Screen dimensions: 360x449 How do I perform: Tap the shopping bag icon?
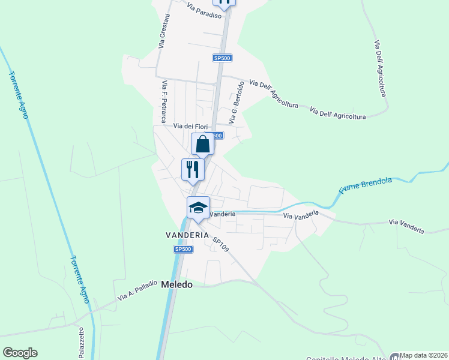(202, 145)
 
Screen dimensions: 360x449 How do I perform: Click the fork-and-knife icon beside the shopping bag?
(193, 169)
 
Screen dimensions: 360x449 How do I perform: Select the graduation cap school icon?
(198, 208)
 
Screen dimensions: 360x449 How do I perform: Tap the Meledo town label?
(177, 285)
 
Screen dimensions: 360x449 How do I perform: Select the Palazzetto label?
(80, 342)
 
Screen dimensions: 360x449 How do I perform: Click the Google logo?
(20, 353)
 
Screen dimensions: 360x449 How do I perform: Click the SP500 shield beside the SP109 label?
(183, 249)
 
